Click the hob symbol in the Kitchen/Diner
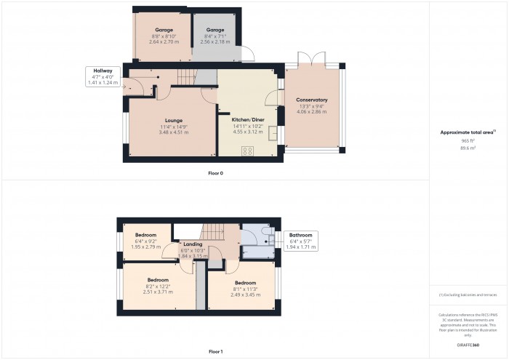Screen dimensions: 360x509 click(x=247, y=151)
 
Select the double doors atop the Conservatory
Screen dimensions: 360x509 click(x=312, y=59)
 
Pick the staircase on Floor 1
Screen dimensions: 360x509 click(x=212, y=232)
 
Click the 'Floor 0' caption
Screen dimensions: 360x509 click(x=215, y=173)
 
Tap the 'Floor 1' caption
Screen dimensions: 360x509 click(x=215, y=351)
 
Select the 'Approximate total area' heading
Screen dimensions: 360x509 click(x=468, y=132)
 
